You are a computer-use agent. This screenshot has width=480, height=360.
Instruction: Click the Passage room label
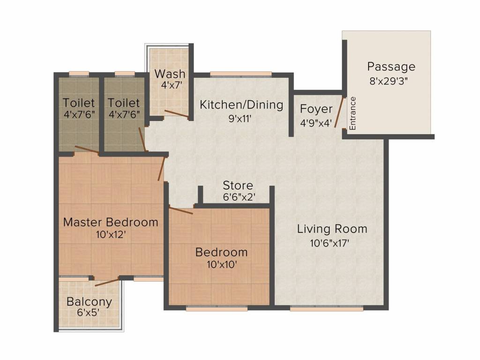391,67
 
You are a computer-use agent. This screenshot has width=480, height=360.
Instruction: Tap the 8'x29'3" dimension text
389,81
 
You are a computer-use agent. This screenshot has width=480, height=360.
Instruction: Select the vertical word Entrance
352,113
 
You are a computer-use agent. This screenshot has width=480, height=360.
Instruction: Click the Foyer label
316,109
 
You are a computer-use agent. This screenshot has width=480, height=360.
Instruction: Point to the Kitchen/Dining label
241,105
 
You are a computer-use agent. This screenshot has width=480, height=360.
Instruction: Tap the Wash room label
170,74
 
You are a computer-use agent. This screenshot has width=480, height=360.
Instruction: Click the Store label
238,186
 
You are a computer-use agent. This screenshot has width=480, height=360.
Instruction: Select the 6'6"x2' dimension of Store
239,197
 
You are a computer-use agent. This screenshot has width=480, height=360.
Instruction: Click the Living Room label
332,229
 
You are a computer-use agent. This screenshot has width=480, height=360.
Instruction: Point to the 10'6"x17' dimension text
330,243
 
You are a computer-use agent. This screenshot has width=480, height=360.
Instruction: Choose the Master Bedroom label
111,222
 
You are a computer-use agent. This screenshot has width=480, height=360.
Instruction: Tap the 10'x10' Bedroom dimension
222,264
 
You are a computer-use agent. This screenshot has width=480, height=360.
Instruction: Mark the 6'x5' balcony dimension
88,313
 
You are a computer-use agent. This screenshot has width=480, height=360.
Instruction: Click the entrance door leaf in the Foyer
338,112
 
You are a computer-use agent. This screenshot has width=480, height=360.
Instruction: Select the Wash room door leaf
176,113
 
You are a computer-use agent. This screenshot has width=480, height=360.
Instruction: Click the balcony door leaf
107,282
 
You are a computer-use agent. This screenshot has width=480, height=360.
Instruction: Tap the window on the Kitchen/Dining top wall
241,74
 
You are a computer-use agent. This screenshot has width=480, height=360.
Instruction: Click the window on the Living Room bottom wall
326,309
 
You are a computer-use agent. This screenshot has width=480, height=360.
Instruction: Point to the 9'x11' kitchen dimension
240,119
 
